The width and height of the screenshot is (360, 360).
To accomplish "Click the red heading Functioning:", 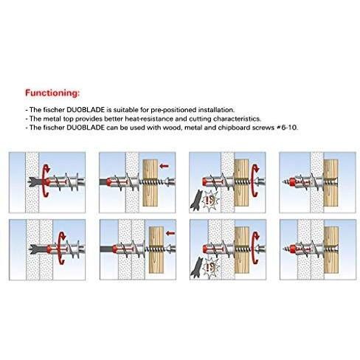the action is (x=52, y=93).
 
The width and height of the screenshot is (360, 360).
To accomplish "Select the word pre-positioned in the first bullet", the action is (x=173, y=110).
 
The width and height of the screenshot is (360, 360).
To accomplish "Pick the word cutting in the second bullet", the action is (x=200, y=119).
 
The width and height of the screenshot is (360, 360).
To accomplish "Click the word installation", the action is (x=216, y=109).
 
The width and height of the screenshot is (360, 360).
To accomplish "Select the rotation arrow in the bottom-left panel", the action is (x=61, y=248).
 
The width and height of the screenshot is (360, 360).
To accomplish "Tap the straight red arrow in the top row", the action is (x=164, y=166).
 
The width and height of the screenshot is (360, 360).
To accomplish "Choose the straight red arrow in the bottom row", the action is (x=170, y=233).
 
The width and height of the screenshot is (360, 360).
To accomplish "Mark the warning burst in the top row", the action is (x=210, y=201).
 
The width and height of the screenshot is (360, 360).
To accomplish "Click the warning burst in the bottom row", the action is (x=212, y=268).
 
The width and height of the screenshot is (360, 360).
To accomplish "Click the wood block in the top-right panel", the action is (x=330, y=183).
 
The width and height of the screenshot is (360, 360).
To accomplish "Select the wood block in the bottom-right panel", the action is (x=331, y=250).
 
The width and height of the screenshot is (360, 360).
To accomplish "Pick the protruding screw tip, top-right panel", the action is (x=285, y=182).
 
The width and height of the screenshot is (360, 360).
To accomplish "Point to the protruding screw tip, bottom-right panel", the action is (x=286, y=249).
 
